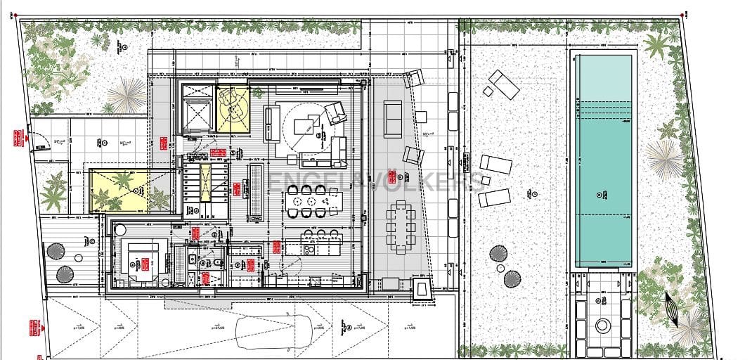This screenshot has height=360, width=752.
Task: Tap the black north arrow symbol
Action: [671, 310]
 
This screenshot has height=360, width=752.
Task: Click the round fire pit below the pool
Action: [603, 326]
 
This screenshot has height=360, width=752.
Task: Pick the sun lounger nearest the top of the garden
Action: [504, 84]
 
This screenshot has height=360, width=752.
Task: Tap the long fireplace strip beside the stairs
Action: [257, 190]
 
